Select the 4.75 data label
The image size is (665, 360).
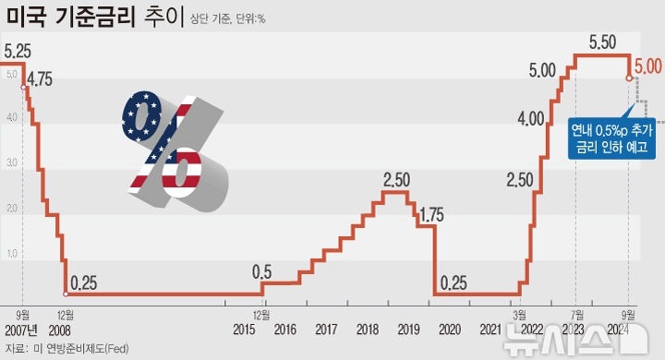coord(40,79)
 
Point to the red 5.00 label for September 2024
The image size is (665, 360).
coord(647,67)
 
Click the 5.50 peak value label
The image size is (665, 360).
coord(602,42)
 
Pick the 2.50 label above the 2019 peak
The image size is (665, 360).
coord(396,177)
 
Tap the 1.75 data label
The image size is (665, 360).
coord(431,215)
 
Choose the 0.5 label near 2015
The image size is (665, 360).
coord(262,272)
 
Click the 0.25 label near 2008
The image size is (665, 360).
coord(84,282)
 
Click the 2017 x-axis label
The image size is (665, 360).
coord(326,330)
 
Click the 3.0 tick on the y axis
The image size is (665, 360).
coord(10,162)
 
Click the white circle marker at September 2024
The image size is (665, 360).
coord(630,78)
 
